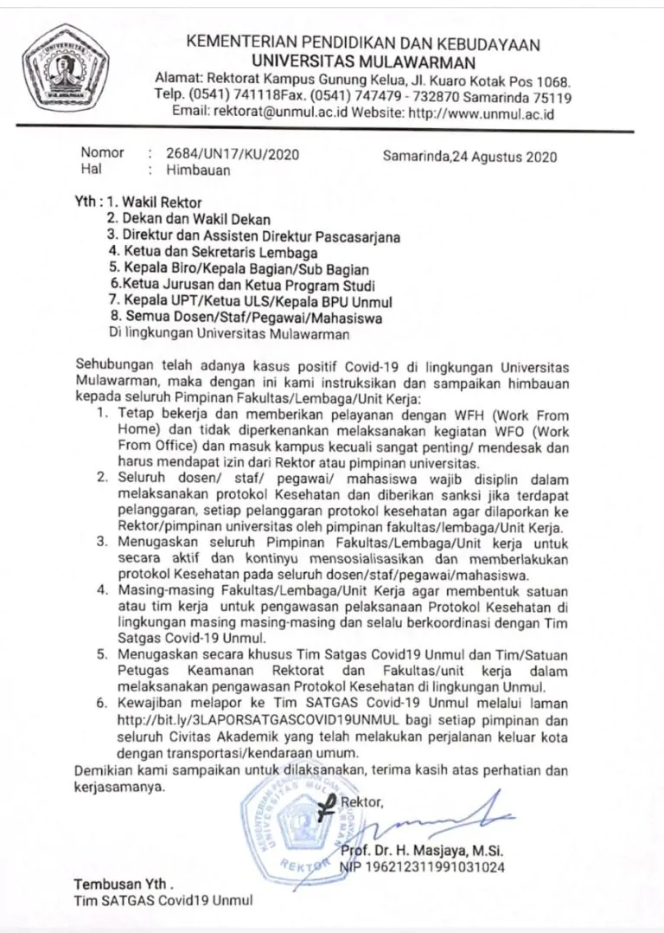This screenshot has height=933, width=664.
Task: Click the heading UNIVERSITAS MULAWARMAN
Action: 364,61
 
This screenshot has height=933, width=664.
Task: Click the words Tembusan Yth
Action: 124,886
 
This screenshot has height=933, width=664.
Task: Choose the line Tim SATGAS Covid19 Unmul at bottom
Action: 163,903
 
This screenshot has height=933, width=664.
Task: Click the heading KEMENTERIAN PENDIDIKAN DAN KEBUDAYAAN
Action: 363,44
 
